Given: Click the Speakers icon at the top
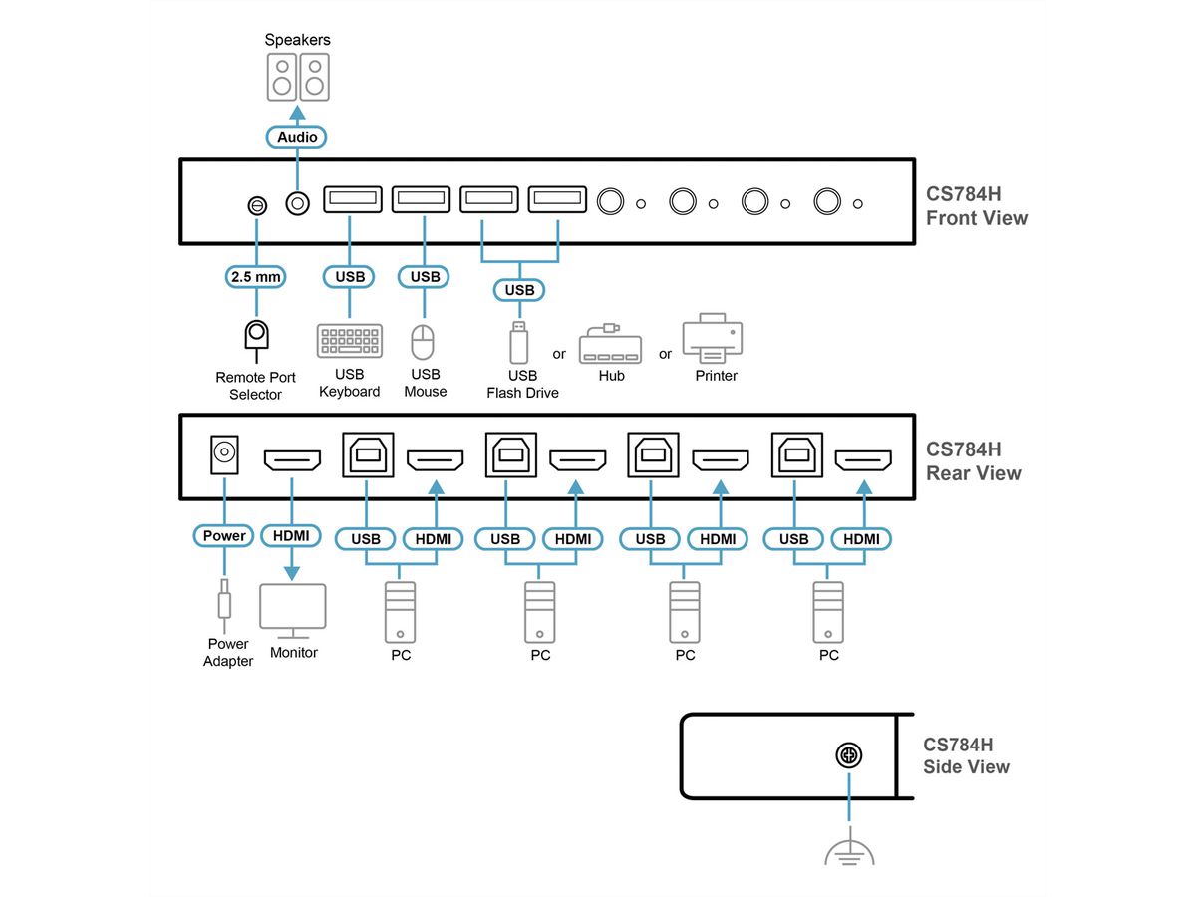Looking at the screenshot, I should point(297,77).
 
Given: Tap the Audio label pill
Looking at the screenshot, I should point(297,137).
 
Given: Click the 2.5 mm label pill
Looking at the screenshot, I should point(256,276).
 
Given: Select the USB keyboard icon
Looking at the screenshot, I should point(349,341).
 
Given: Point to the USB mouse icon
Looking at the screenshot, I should point(425,342).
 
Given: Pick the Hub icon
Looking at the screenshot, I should point(610,344).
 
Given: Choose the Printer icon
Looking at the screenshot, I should point(714,341).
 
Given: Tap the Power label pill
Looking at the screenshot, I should point(224,536).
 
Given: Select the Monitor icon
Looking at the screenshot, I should point(292,610).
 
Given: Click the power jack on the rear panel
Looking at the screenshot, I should point(224,456).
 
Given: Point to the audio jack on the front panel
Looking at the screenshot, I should point(296,203).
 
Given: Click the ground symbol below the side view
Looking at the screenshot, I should point(849,851).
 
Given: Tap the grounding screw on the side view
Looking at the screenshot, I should point(849,756).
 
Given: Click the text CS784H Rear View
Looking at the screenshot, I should point(973,461).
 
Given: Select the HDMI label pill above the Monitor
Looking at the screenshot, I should point(291,536).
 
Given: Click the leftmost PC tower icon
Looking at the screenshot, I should point(400,612).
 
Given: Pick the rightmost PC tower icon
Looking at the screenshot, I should point(828,612).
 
